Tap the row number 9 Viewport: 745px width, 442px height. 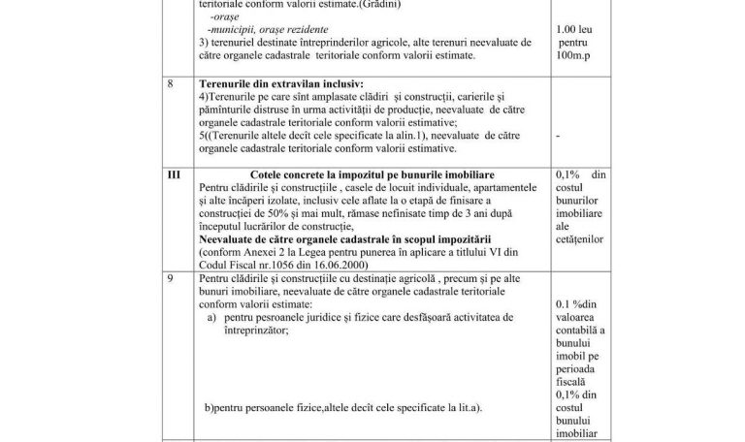[x=172, y=279]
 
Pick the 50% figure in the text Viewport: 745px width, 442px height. [x=273, y=211]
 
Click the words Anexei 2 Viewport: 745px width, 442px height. [x=266, y=249]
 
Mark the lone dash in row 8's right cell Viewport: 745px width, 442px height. [x=559, y=137]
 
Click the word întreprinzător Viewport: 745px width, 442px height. [x=264, y=330]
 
